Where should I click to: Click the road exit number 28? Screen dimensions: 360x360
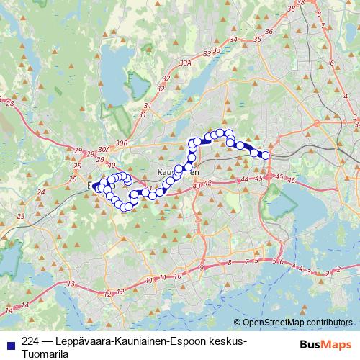[9, 104]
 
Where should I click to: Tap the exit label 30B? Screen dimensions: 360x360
[120, 143]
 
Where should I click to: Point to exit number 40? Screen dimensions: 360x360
[110, 165]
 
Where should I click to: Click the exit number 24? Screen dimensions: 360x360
[41, 192]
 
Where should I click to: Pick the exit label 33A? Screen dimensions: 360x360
[186, 63]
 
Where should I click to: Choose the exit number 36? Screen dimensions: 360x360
[268, 31]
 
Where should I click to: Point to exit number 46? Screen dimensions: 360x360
[291, 180]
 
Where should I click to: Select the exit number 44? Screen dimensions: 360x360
[245, 179]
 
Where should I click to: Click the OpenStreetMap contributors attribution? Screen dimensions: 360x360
[297, 322]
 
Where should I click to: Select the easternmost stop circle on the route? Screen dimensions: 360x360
[265, 156]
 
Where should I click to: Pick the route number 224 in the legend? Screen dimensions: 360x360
[31, 341]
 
